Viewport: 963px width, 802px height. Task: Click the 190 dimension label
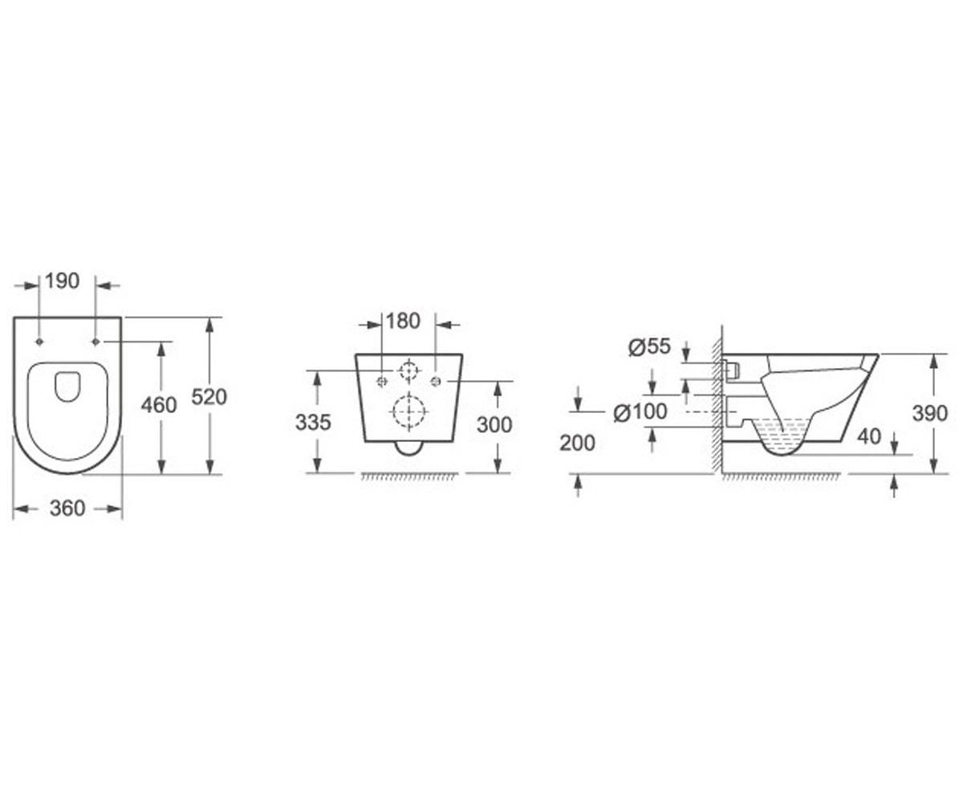pos(63,281)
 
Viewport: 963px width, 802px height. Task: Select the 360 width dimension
pos(67,508)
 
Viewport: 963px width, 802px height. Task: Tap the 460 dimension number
pos(159,405)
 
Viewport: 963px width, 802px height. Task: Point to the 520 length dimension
pos(209,397)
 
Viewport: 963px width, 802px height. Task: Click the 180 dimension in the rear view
pos(403,321)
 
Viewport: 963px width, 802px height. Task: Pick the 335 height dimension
pos(313,422)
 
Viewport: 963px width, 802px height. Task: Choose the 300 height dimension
pos(494,424)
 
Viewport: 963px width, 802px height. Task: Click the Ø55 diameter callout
pos(649,346)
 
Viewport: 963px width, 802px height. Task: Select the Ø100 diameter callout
pos(640,411)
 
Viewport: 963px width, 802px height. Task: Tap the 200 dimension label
pos(578,443)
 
